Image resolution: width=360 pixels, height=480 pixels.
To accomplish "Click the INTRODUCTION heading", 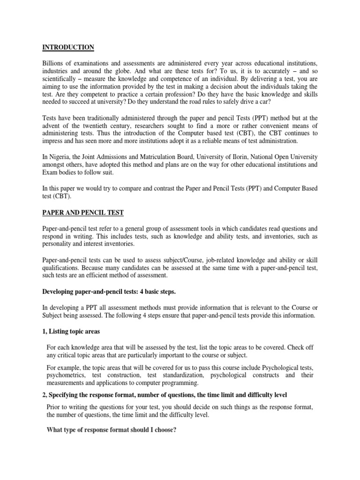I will coord(68,47).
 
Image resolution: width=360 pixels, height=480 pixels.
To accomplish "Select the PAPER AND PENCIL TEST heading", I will coord(83,212).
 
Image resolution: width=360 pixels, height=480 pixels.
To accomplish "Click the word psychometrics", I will coord(65,375).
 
